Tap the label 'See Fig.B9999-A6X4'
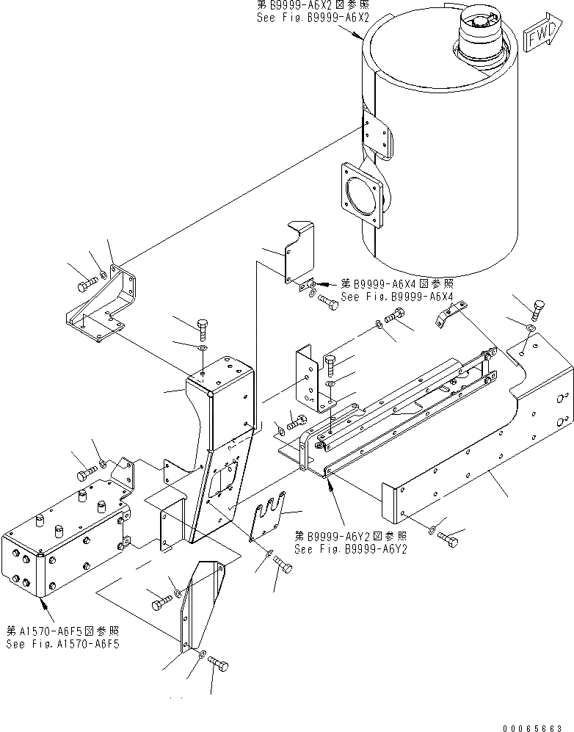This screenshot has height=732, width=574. (398, 297)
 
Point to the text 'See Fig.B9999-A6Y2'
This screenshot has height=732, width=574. (350, 548)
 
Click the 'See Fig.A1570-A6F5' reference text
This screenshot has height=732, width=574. (62, 644)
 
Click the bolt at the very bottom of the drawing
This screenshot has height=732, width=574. (218, 664)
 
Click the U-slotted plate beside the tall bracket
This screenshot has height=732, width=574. (268, 518)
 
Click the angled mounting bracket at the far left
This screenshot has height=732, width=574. (103, 308)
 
